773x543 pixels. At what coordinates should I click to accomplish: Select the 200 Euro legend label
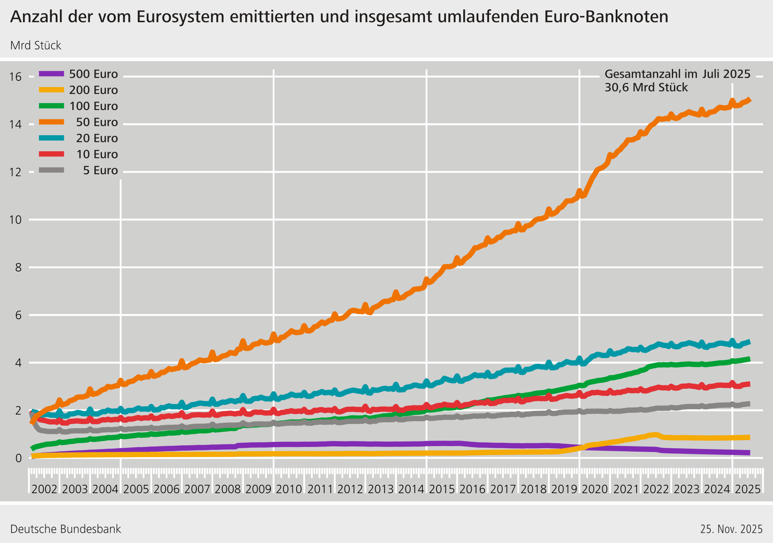93,90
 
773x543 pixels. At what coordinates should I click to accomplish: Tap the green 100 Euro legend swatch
51,106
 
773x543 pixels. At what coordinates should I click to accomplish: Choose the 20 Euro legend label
97,139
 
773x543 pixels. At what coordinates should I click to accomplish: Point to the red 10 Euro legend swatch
51,154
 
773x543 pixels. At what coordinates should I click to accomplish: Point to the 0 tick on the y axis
18,458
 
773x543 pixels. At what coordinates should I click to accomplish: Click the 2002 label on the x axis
44,489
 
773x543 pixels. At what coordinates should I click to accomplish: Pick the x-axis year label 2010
289,489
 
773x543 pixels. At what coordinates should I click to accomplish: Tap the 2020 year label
595,489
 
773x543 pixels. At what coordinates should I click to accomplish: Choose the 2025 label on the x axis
748,489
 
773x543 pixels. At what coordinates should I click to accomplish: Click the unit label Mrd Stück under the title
36,45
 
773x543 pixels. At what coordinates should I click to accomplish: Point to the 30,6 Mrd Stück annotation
646,88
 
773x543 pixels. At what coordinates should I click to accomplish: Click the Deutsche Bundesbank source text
65,529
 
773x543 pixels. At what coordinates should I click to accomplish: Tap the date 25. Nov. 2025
731,529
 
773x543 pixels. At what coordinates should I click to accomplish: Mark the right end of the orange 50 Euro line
750,99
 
